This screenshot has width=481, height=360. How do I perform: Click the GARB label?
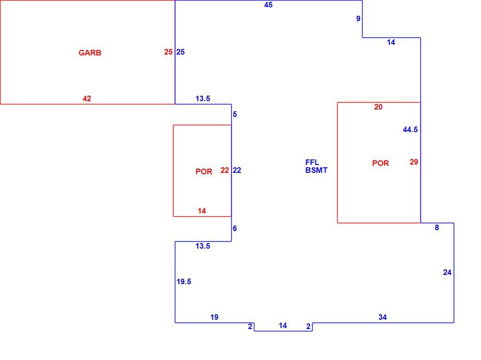(x=90, y=53)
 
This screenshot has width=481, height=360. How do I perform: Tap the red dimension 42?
(x=87, y=98)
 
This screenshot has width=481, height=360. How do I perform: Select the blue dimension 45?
(x=268, y=5)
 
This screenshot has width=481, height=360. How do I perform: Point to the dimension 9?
(x=358, y=18)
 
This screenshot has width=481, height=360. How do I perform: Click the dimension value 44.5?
(x=410, y=130)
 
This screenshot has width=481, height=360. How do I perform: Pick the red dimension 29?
(x=414, y=162)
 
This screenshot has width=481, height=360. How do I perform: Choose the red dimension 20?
(x=378, y=107)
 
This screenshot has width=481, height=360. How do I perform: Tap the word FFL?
(x=312, y=163)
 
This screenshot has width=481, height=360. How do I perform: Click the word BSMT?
(x=316, y=170)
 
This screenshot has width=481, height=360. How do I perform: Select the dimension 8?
(x=437, y=227)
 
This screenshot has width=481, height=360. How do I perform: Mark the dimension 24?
(x=447, y=272)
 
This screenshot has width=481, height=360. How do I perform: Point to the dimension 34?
(x=382, y=317)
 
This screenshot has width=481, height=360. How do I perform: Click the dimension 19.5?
(x=184, y=281)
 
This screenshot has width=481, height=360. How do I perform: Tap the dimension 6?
(x=234, y=228)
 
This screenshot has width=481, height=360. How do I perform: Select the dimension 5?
(x=234, y=115)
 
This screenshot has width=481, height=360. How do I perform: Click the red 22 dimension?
(x=225, y=170)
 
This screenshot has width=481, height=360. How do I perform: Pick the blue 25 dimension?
(x=180, y=52)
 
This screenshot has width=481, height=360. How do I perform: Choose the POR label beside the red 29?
(x=380, y=163)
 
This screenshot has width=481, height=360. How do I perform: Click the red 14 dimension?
(x=202, y=211)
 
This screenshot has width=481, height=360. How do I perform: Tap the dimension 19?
(x=214, y=317)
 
